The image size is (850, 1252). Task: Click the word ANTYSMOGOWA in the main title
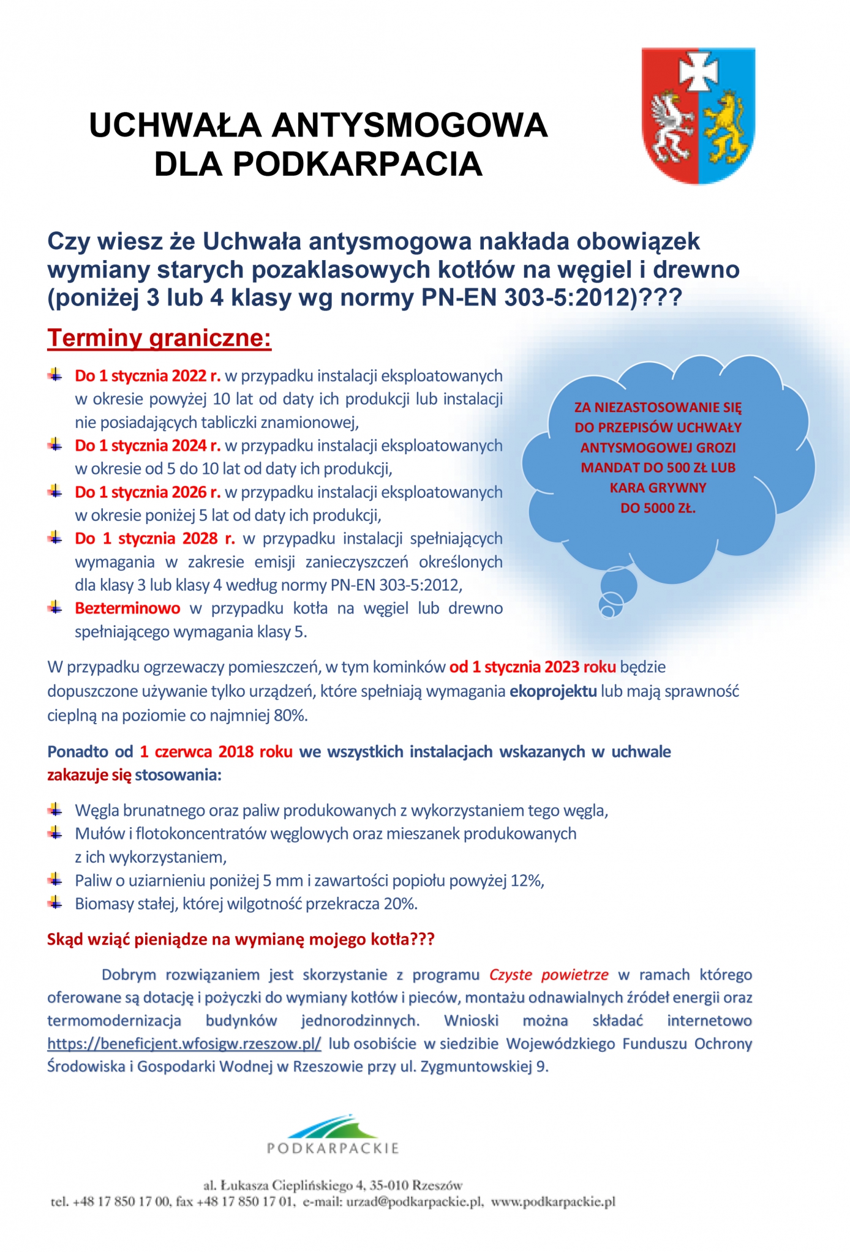pyautogui.click(x=409, y=126)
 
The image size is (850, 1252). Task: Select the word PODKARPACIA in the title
pyautogui.click(x=358, y=164)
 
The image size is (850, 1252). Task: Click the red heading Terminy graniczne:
pyautogui.click(x=159, y=338)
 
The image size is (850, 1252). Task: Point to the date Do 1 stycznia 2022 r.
pyautogui.click(x=147, y=376)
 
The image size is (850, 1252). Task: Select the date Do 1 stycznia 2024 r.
pyautogui.click(x=147, y=446)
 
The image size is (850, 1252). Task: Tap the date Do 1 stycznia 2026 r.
pyautogui.click(x=147, y=492)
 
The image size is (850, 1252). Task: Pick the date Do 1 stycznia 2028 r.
pyautogui.click(x=154, y=539)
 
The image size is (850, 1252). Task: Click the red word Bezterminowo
pyautogui.click(x=127, y=609)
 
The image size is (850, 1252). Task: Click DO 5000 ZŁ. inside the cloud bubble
pyautogui.click(x=658, y=508)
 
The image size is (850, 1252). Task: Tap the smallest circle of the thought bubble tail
pyautogui.click(x=607, y=610)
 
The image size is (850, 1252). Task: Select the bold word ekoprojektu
pyautogui.click(x=553, y=692)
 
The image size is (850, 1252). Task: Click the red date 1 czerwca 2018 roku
pyautogui.click(x=216, y=752)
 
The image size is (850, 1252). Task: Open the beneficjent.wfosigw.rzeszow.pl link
pyautogui.click(x=184, y=1044)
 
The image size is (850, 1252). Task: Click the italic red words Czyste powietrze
pyautogui.click(x=549, y=975)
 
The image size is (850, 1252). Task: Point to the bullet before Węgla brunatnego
pyautogui.click(x=55, y=810)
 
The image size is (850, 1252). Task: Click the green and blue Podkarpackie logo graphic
pyautogui.click(x=333, y=1125)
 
